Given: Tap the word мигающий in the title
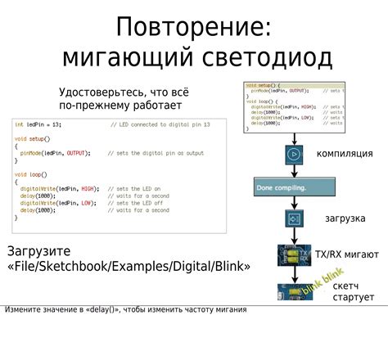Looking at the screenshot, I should (121, 58).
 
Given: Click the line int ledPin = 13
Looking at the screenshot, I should (38, 124).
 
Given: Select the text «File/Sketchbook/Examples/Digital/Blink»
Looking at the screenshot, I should (129, 267).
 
